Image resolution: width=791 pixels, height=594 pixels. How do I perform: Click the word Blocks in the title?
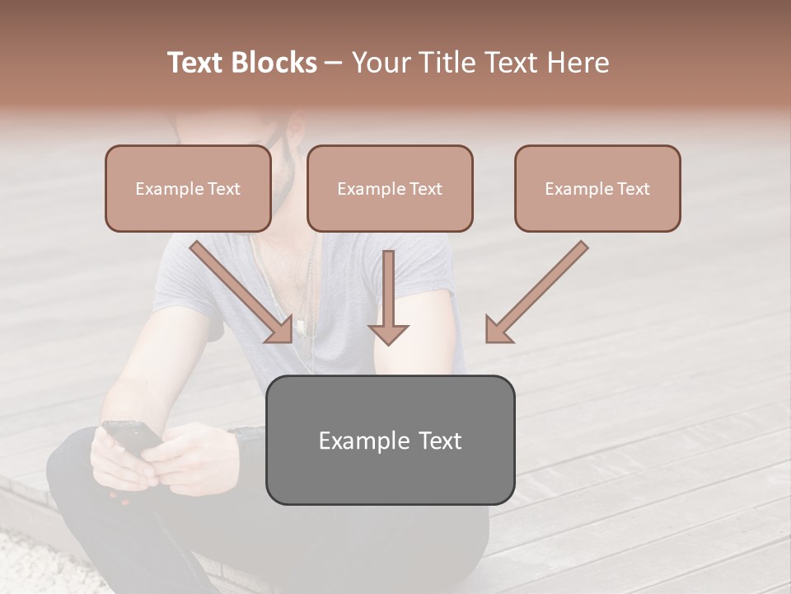coord(274,63)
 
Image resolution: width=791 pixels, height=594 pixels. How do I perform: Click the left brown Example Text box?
coord(188,189)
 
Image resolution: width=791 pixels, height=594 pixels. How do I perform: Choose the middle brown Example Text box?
coord(390,189)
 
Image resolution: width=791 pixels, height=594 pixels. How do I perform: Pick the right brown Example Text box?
coord(597,189)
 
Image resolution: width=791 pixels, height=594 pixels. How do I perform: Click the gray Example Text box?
coord(390,441)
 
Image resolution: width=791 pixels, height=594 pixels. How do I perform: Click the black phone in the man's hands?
coord(132,435)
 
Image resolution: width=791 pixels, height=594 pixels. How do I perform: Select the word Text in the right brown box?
coord(633,189)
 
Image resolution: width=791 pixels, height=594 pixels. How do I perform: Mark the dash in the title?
coord(334,63)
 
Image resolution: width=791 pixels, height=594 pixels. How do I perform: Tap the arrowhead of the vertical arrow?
coord(388,332)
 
